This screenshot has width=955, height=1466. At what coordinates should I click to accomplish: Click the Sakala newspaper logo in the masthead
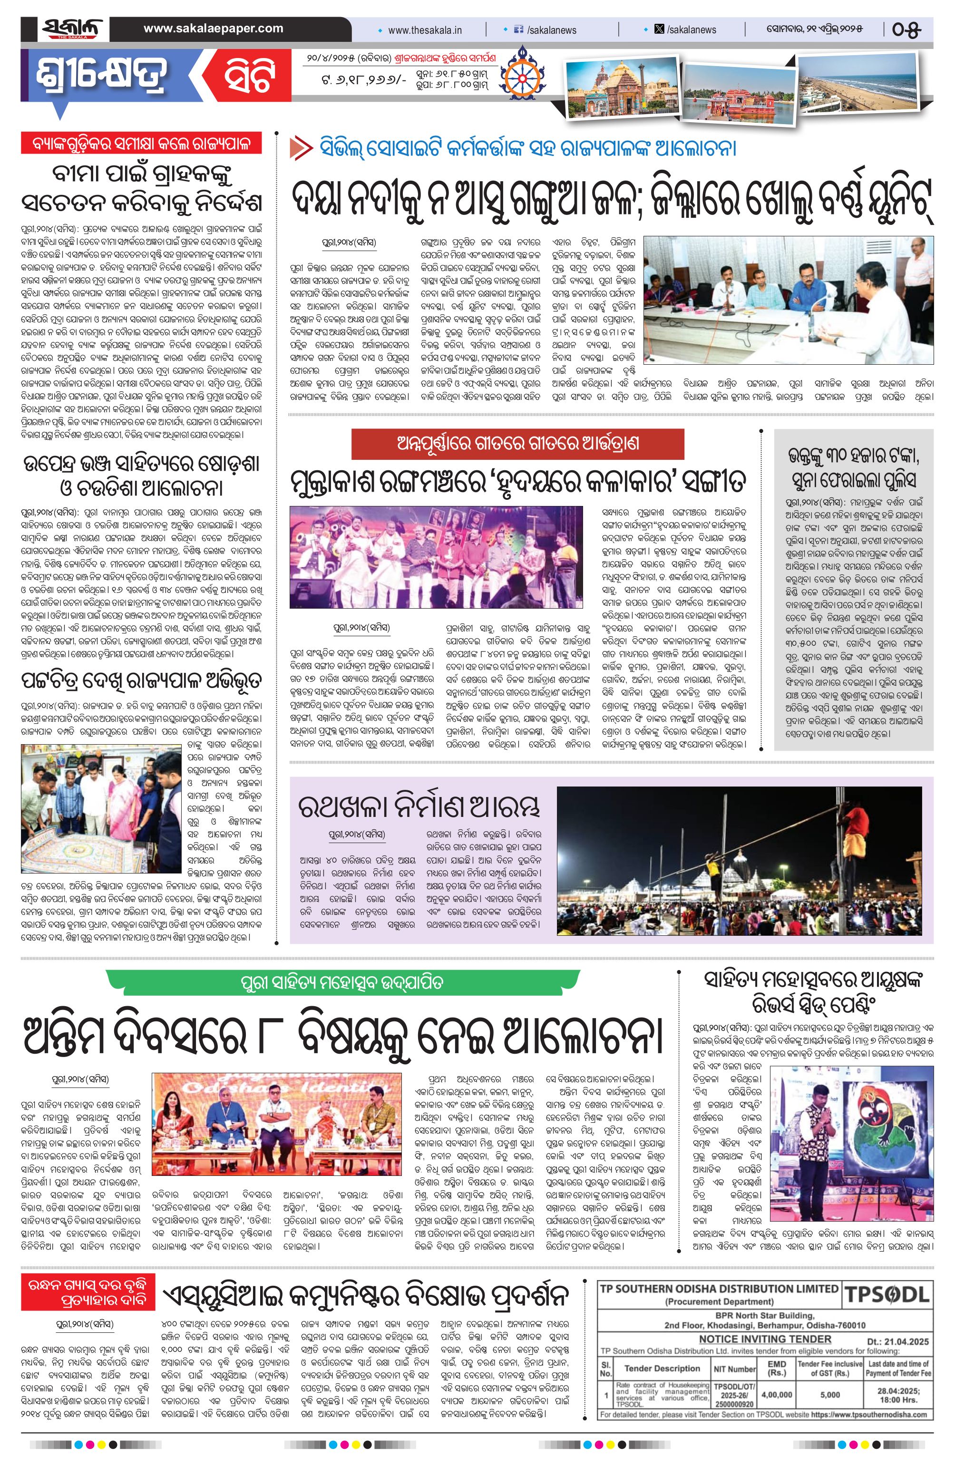(71, 29)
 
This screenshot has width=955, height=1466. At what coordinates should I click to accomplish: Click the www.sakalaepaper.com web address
(213, 29)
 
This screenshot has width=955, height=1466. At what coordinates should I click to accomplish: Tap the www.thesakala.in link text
(425, 29)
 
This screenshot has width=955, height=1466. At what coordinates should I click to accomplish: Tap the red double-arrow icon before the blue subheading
(300, 149)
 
